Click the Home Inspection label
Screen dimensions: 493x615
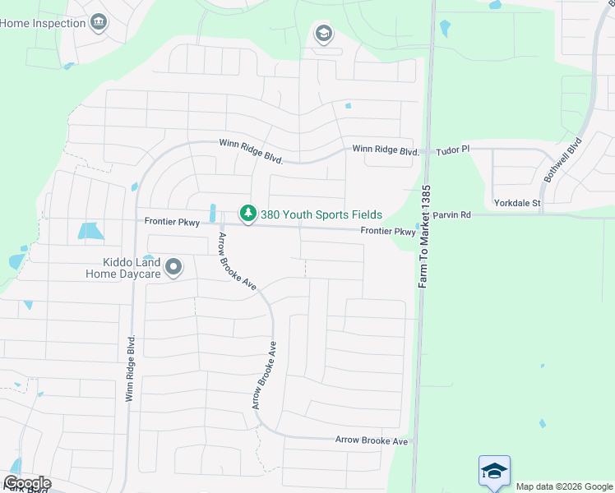coord(43,23)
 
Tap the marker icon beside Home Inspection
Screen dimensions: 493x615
coord(99,21)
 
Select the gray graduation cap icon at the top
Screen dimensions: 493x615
coord(323,34)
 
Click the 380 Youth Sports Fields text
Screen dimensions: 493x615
coord(321,214)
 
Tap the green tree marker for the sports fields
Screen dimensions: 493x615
coord(247,214)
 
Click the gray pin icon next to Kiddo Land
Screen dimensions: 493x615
coord(173,267)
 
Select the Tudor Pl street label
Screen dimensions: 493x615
coord(453,150)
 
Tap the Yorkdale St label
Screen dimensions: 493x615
coord(516,202)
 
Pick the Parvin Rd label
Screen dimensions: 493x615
coord(454,215)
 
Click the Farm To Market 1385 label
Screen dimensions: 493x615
coord(424,237)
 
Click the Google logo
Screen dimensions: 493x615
coord(27,483)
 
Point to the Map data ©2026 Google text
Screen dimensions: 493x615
coord(564,486)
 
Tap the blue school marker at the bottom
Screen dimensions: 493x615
coord(494,472)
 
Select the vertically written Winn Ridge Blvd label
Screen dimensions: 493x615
coord(130,368)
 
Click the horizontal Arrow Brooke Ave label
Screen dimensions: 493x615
coord(372,441)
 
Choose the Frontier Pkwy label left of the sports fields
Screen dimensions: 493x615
coord(172,222)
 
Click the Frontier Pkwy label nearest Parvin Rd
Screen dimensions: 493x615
coord(388,233)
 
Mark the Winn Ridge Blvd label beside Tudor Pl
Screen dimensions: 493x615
coord(386,150)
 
